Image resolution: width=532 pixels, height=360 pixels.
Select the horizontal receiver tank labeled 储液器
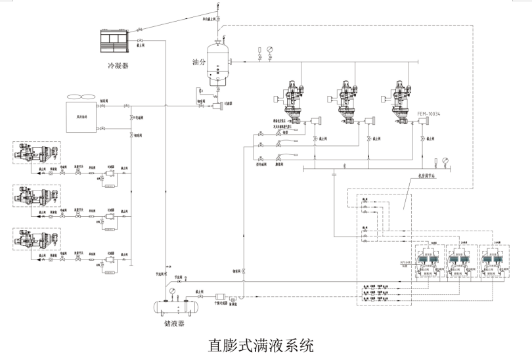click(x=175, y=307)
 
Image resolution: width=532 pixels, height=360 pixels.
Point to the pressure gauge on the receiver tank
click(x=172, y=290)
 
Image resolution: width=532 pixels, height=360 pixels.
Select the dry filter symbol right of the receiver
click(x=219, y=300)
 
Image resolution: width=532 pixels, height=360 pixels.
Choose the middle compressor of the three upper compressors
click(x=347, y=101)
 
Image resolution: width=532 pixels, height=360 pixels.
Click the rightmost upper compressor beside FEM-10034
click(x=403, y=101)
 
